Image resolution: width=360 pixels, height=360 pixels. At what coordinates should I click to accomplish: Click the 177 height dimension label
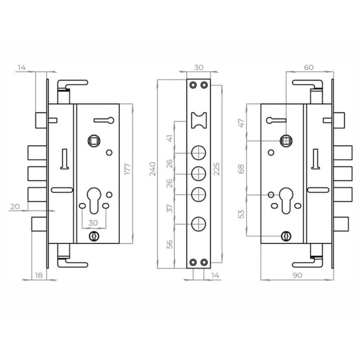[128, 169]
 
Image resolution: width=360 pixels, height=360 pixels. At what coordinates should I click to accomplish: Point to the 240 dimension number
[152, 169]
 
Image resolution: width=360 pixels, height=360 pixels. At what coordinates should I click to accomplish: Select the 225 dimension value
[217, 169]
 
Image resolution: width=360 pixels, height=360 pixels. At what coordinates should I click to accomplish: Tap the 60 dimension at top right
[309, 67]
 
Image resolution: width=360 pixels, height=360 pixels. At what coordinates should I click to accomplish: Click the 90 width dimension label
[298, 275]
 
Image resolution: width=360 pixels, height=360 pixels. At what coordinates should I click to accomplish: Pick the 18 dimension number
[39, 275]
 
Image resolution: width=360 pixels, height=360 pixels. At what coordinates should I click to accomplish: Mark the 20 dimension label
[15, 206]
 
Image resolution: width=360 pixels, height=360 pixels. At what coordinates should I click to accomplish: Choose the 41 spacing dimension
[169, 138]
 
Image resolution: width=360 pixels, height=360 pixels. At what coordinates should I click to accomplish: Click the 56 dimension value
[169, 244]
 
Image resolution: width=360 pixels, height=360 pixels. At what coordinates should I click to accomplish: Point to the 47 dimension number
[242, 123]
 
